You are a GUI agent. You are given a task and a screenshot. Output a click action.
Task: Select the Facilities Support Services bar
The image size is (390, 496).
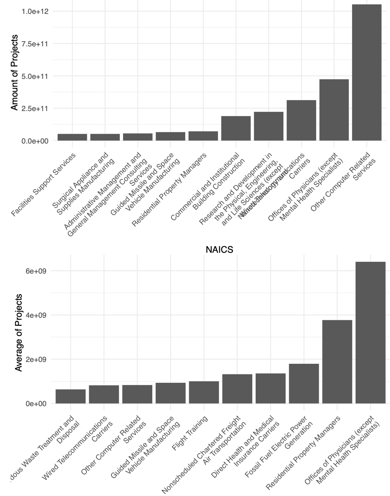tap(72, 137)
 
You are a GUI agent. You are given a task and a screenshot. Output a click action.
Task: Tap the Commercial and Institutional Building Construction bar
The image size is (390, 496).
tap(236, 128)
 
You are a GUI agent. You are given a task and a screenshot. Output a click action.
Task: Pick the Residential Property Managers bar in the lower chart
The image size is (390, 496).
tap(337, 362)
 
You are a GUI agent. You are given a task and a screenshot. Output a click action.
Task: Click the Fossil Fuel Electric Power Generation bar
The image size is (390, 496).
tap(304, 384)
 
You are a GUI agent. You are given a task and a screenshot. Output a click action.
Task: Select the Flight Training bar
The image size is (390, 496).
tap(204, 392)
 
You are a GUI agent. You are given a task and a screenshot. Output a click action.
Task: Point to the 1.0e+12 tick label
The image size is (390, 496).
tap(35, 11)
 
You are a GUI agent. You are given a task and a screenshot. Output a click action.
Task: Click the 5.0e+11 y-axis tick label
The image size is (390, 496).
tap(35, 76)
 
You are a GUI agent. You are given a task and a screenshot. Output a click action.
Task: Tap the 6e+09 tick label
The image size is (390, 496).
tap(36, 271)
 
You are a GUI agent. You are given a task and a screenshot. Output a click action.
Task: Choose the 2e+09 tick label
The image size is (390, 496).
tap(36, 359)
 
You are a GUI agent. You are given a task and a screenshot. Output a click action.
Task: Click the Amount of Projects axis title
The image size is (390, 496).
tap(14, 72)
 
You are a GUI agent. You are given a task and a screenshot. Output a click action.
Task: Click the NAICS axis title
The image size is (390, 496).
tap(219, 249)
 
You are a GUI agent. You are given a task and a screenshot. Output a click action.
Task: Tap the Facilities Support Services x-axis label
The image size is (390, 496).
tap(43, 184)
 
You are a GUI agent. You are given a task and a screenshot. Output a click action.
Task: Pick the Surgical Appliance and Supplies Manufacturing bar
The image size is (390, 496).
tap(105, 137)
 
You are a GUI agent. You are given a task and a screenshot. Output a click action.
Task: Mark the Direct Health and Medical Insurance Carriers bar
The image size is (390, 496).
tap(271, 388)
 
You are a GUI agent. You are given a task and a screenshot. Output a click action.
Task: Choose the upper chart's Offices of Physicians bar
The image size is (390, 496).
tap(334, 110)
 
